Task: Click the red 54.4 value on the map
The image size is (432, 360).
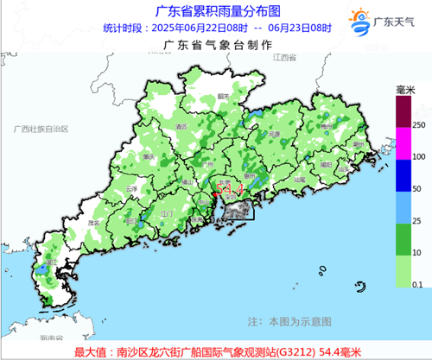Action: click(226, 186)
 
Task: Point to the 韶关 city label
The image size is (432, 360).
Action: click(223, 96)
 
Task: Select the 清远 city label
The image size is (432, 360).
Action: click(181, 127)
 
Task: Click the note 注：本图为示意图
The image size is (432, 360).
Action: click(288, 321)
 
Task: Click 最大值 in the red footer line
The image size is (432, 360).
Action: click(91, 351)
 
